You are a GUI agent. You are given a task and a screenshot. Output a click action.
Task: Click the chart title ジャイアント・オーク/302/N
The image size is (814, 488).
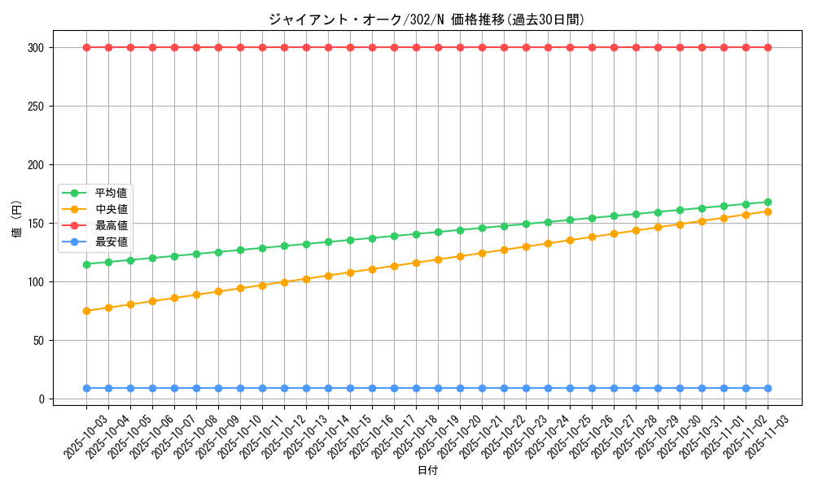(427, 20)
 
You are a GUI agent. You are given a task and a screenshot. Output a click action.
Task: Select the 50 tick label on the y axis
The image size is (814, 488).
(41, 341)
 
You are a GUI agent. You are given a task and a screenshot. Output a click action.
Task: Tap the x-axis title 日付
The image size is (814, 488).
(427, 471)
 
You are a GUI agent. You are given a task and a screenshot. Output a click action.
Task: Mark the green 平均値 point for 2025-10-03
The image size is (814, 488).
(86, 264)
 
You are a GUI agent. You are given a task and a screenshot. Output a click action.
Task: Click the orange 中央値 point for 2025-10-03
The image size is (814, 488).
(86, 311)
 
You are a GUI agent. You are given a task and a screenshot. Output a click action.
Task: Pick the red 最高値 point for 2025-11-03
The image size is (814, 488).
(768, 47)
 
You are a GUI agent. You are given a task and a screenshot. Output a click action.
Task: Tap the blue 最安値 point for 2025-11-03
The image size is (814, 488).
(768, 389)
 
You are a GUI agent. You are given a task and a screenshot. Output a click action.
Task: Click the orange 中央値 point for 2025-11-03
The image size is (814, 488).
(768, 211)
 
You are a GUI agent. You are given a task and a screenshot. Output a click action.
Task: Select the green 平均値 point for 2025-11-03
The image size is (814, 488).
(768, 202)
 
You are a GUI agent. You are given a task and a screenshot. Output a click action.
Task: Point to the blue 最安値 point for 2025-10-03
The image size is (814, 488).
(86, 389)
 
